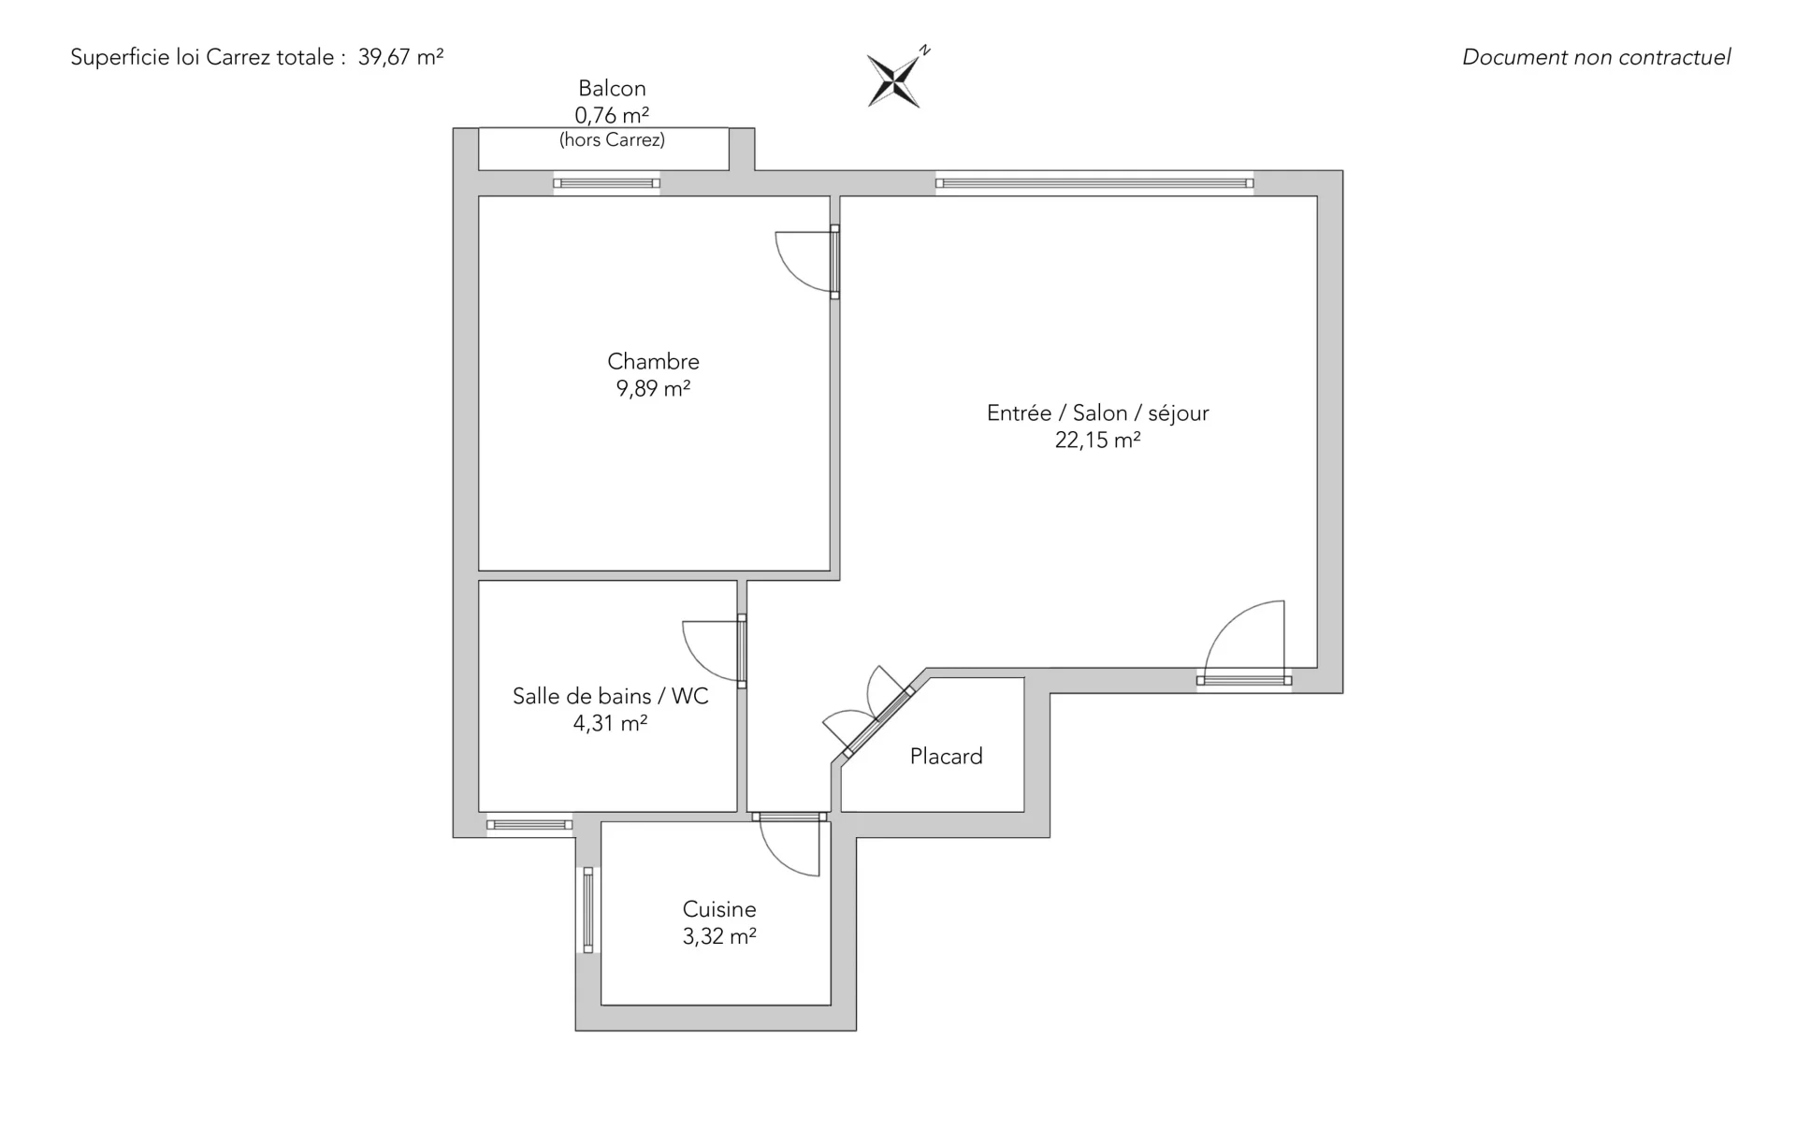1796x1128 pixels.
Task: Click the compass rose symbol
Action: [x=897, y=79]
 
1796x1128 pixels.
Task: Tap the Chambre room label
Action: [x=653, y=361]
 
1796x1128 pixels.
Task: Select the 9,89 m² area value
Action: [x=653, y=388]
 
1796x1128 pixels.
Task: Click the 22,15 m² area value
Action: [x=1097, y=440]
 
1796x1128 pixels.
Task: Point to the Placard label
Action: [x=946, y=756]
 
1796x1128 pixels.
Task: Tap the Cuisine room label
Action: [x=719, y=909]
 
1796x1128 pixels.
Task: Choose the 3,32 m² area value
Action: [x=719, y=936]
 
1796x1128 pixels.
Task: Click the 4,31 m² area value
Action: [x=610, y=723]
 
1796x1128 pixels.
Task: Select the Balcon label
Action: [x=612, y=88]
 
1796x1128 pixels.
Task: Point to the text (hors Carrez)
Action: [x=612, y=139]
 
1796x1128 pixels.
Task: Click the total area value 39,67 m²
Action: [x=400, y=57]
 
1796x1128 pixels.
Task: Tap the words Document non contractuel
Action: [x=1596, y=57]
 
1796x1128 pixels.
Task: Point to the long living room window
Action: [x=1094, y=183]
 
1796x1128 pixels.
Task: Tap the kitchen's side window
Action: [x=588, y=910]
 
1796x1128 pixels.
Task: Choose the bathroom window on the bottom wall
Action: [x=529, y=825]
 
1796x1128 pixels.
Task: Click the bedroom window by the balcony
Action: [x=606, y=183]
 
